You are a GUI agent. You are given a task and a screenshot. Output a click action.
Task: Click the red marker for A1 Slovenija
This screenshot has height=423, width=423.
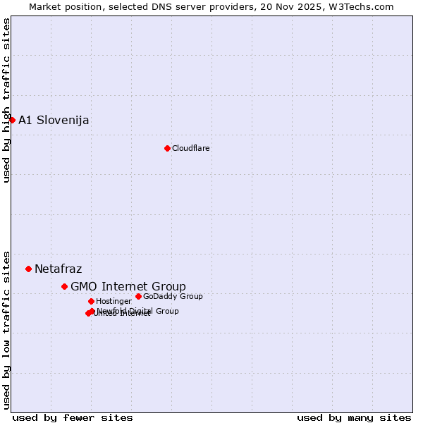coord(12,120)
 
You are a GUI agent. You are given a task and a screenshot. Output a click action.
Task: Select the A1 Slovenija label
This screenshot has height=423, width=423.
coord(54,120)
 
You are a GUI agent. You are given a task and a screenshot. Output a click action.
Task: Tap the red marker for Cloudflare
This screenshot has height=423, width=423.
coord(167,148)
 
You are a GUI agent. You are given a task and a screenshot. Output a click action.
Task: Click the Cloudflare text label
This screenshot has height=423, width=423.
coord(190,148)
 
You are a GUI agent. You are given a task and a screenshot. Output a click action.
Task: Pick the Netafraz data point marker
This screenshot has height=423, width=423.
coord(29,269)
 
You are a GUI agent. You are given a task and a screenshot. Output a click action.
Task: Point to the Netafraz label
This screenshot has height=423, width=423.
coord(58,269)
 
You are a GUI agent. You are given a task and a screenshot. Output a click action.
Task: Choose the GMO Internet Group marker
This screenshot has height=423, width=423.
coord(64,286)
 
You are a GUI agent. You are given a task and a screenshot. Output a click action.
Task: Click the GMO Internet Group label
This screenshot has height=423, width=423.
coord(128,286)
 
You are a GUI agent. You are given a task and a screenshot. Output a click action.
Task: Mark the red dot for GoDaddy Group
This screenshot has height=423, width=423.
coord(138,296)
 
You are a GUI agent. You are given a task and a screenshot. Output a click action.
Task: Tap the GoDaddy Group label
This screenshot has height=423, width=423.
coord(173,296)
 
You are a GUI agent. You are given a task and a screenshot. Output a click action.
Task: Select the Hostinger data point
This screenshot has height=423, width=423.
coord(91,301)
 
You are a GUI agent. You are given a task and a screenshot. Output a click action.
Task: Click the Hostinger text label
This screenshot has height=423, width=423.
coord(114,302)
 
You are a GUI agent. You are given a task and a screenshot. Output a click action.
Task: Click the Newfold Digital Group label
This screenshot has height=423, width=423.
coord(138,310)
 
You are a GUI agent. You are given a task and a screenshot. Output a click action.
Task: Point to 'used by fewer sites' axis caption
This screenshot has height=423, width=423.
coord(73,417)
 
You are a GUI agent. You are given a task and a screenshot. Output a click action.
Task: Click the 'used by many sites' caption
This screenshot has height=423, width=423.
coord(354,417)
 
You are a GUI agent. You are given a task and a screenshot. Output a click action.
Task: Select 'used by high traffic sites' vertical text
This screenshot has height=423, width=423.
coord(7,100)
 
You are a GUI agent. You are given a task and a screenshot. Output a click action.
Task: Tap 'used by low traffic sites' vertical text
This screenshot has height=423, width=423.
coord(7,329)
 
